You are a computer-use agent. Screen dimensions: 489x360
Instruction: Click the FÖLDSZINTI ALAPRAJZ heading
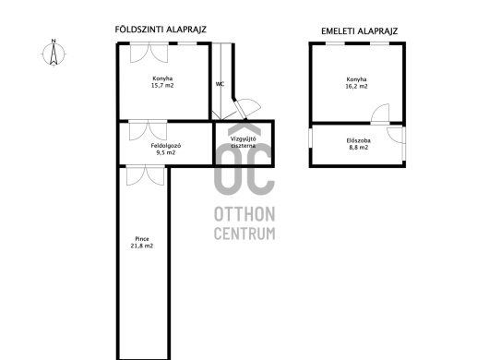[x=161, y=30]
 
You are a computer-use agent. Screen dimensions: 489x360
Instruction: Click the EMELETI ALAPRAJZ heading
[x=359, y=31]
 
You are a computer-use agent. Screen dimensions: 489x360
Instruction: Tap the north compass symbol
[x=54, y=54]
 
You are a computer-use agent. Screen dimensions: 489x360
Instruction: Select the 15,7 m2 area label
[x=162, y=86]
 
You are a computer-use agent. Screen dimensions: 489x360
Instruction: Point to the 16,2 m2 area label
[x=356, y=87]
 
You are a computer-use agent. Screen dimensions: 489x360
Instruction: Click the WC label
[x=220, y=84]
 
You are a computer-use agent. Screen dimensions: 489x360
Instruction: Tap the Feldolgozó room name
[x=166, y=146]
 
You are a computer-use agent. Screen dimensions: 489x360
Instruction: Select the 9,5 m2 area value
[x=165, y=153]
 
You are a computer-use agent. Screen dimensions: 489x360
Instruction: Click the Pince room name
[x=142, y=239]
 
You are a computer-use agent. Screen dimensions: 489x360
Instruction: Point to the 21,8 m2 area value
[x=142, y=246]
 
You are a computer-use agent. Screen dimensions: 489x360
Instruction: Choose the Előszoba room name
[x=359, y=140]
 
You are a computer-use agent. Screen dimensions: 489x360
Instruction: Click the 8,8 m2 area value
[x=359, y=148]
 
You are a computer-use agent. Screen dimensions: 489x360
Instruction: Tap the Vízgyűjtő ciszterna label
[x=244, y=142]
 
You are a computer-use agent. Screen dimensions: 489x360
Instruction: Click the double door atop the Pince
[x=146, y=176]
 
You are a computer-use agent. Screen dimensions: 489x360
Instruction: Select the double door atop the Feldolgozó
[x=149, y=130]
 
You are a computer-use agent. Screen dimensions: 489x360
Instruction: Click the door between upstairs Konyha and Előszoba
[x=380, y=114]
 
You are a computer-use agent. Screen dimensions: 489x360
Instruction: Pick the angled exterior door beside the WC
[x=248, y=109]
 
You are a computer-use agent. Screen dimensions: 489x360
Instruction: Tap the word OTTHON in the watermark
[x=244, y=214]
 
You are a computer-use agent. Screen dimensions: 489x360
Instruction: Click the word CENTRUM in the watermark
[x=244, y=234]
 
